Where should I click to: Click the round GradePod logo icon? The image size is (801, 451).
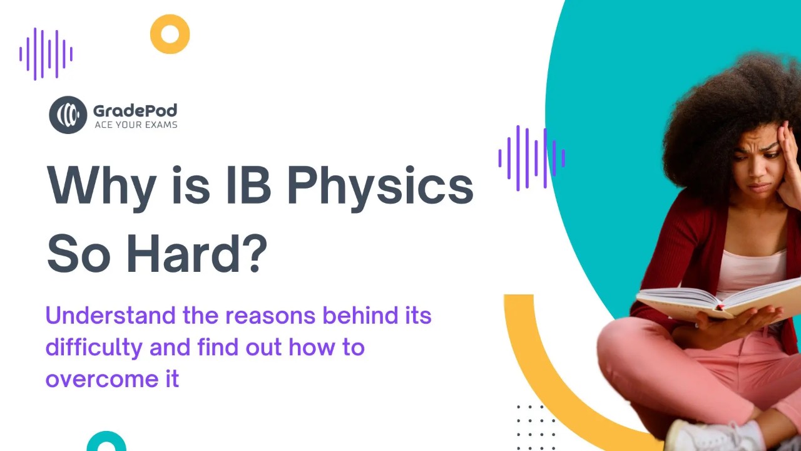(x=68, y=115)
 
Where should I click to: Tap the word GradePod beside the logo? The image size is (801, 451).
(x=135, y=111)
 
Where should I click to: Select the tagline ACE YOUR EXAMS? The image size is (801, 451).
(x=135, y=125)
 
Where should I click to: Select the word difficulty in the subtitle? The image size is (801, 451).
(x=94, y=347)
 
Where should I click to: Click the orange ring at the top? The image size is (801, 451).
(x=170, y=34)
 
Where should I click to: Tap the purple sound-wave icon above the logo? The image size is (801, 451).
(x=46, y=54)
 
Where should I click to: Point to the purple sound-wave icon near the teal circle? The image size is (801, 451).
(x=531, y=158)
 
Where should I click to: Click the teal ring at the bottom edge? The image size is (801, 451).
(x=106, y=442)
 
